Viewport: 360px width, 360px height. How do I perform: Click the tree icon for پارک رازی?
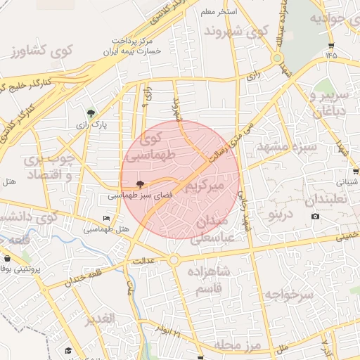(90, 112)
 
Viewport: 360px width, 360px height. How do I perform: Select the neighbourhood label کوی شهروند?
(236, 32)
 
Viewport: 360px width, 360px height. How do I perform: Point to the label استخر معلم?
(219, 13)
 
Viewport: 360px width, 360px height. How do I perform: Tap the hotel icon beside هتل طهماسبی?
(106, 219)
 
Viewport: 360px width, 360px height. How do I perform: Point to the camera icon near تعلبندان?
(315, 215)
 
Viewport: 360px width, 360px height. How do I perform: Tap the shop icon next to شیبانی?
(356, 171)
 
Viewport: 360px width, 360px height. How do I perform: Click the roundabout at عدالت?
(173, 260)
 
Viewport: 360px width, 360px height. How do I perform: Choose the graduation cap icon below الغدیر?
(68, 349)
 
